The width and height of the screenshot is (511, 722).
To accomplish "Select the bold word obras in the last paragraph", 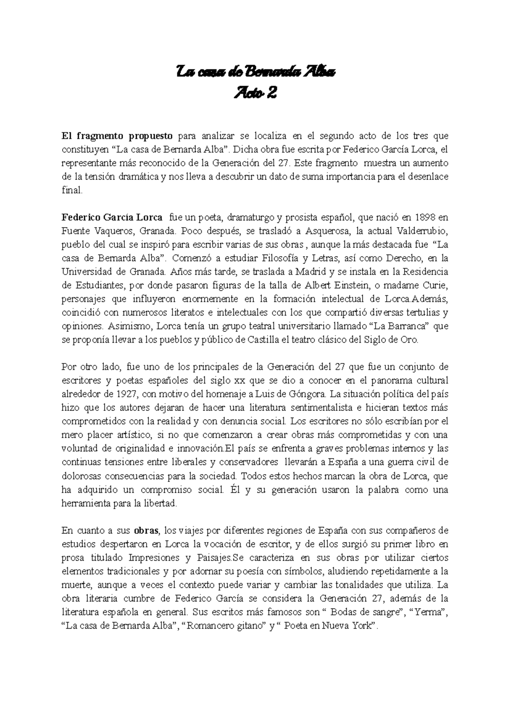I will [x=146, y=531].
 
